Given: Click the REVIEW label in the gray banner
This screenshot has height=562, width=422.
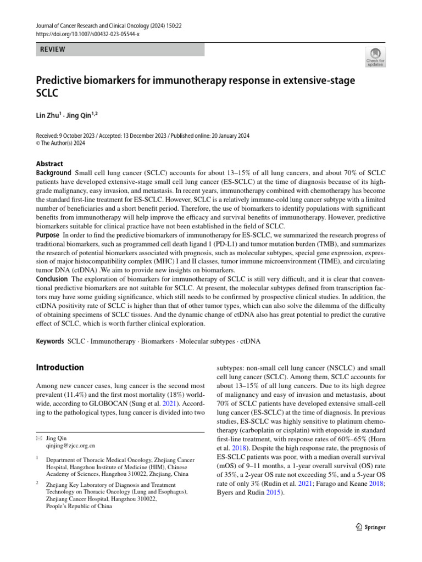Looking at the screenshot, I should [52, 49].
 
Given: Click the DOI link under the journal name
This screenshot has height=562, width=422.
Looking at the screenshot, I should [87, 33].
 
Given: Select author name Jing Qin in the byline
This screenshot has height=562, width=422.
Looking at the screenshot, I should [80, 116].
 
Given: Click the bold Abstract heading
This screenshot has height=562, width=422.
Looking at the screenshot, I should [49, 164].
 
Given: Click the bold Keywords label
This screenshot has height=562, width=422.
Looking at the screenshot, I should [49, 341].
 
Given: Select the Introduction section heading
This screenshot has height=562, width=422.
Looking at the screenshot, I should [60, 367].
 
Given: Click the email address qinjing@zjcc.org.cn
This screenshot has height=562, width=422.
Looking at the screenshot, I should [71, 446].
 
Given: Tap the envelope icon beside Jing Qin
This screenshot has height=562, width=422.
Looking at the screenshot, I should [38, 439].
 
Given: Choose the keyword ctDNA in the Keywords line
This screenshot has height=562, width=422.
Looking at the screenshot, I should [250, 341].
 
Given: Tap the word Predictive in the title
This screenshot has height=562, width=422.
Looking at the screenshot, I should [63, 81].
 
